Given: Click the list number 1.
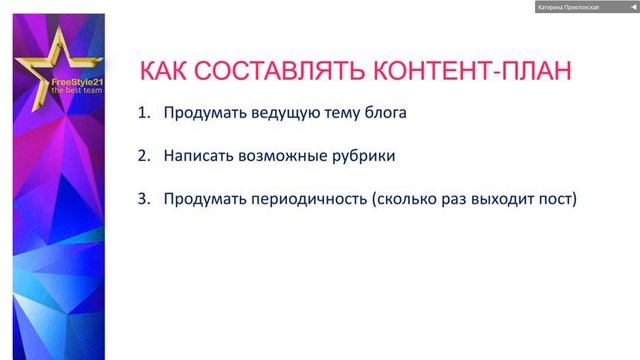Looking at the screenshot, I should click(x=142, y=113).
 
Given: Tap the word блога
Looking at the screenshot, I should click(x=383, y=113).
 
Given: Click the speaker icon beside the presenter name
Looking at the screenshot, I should click(x=631, y=7).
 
